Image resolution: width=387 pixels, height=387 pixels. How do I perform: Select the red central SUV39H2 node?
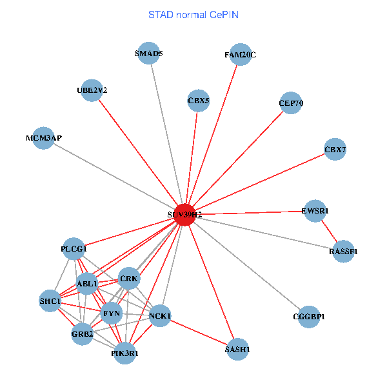185,214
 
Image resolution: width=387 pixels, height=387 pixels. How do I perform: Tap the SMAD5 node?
149,54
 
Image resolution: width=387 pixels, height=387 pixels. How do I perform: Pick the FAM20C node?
240,55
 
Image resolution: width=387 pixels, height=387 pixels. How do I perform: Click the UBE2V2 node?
92,90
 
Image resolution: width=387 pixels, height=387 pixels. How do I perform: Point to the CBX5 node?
199,101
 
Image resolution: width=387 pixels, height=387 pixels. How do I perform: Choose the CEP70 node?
291,103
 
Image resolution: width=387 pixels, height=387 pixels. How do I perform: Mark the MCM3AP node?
44,138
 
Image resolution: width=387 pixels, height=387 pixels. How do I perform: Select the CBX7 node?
335,150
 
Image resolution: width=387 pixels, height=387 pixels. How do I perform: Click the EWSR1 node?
315,211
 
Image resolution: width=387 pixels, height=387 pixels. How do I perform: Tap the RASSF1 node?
343,251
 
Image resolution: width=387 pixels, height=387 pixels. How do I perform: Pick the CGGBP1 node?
309,317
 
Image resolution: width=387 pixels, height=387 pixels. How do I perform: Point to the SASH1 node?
237,349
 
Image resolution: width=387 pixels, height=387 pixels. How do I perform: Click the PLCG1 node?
74,248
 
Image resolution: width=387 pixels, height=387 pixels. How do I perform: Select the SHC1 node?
50,301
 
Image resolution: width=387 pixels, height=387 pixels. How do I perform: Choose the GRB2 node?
83,334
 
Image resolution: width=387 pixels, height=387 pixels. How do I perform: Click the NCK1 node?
160,316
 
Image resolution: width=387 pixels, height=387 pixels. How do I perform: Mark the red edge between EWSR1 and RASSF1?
329,231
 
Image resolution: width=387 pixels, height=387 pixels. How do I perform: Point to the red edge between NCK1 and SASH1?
199,332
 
